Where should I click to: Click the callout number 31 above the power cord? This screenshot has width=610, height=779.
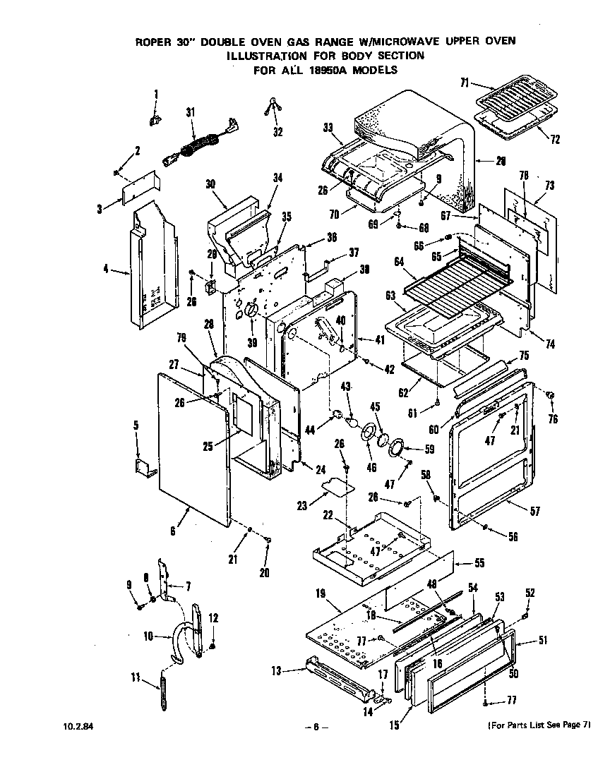tap(190, 112)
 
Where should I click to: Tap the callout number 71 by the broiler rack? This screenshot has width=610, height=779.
tap(465, 83)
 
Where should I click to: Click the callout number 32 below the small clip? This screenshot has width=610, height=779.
tap(277, 132)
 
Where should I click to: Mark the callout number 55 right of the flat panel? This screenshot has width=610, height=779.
tap(479, 564)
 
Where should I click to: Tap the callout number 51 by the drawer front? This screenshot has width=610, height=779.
tap(542, 641)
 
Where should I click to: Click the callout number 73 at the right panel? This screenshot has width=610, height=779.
tap(549, 186)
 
